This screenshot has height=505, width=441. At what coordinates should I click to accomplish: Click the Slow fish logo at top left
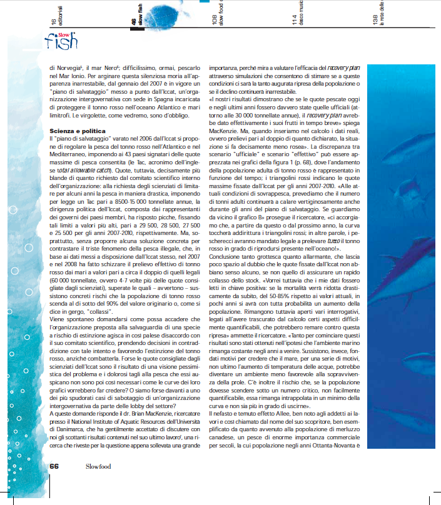(61, 40)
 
